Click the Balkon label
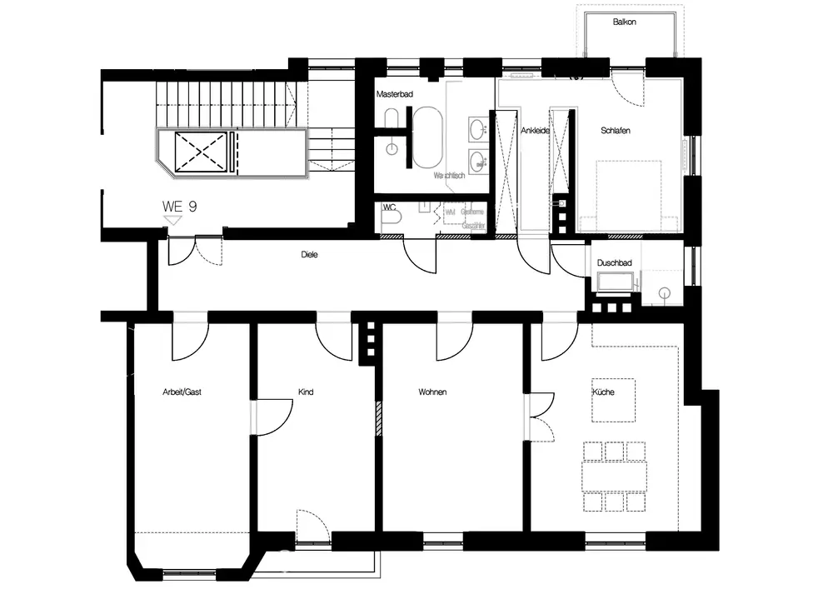[624, 22]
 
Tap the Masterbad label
[394, 95]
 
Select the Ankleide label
[534, 131]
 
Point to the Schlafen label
[615, 131]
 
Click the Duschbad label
[614, 263]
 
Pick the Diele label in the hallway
[310, 255]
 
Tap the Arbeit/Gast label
[182, 391]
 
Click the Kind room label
[306, 391]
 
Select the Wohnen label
[432, 391]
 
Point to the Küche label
[603, 392]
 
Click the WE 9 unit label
[179, 206]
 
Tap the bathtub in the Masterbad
[430, 137]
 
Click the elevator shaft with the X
[201, 152]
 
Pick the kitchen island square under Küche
[614, 401]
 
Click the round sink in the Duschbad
[664, 292]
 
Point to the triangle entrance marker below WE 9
[172, 219]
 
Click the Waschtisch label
[448, 176]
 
